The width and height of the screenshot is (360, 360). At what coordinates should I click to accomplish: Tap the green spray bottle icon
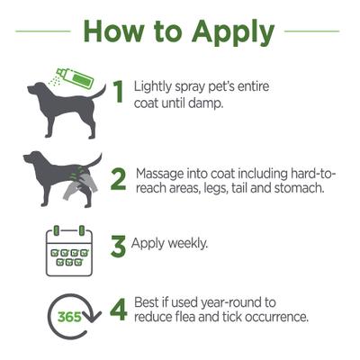74,76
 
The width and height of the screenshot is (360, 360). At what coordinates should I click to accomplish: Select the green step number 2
118,179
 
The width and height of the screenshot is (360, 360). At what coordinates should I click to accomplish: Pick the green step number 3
118,246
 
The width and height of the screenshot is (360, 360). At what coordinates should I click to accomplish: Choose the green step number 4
118,310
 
